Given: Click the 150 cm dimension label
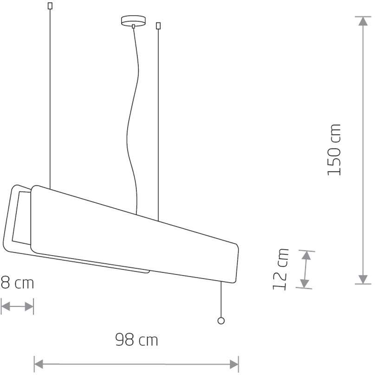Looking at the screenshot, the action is click(x=334, y=150).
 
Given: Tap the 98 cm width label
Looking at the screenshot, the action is click(x=136, y=340).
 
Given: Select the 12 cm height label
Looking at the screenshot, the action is click(x=280, y=269).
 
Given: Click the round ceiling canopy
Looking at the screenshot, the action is click(x=133, y=20).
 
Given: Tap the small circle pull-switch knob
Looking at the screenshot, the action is click(x=221, y=321).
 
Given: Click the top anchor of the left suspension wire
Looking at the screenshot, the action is click(x=50, y=6).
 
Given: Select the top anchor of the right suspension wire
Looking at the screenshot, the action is click(x=158, y=26).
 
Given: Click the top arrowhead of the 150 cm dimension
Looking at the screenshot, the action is click(x=363, y=21).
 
